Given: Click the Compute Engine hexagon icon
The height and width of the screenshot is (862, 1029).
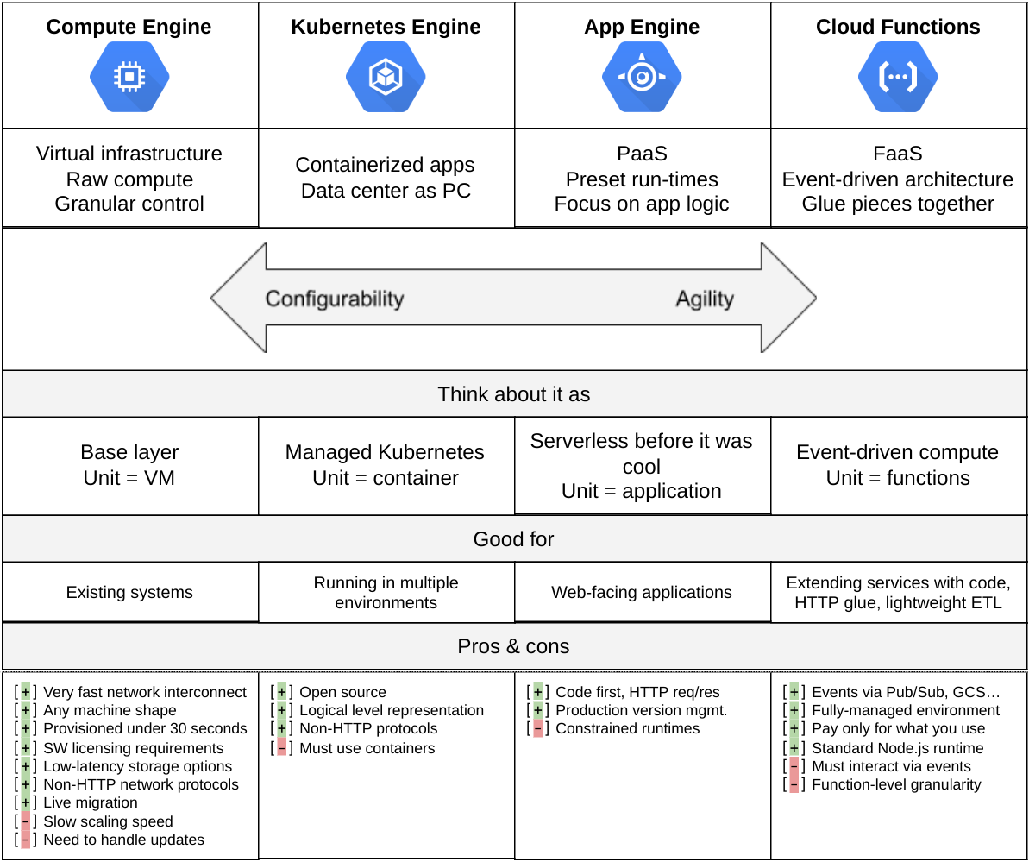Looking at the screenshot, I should [x=129, y=78].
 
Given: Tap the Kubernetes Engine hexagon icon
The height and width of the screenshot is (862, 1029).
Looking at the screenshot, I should [x=386, y=78].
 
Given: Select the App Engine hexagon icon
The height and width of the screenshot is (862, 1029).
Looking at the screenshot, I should [x=642, y=78].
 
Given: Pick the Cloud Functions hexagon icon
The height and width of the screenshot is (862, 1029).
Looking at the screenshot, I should [x=898, y=78].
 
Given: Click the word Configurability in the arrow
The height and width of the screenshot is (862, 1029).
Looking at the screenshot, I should [x=335, y=299].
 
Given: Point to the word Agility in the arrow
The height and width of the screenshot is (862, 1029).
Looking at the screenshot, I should [x=705, y=299].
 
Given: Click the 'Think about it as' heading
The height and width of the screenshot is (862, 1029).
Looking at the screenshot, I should [x=514, y=394].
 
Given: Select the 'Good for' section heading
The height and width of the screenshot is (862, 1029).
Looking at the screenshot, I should [x=514, y=539].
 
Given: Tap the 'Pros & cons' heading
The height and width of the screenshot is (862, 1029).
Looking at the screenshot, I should [x=514, y=646].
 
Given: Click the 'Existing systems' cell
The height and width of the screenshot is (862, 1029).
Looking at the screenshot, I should [x=129, y=593].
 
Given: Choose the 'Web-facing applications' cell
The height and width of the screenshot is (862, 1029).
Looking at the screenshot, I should [x=642, y=593].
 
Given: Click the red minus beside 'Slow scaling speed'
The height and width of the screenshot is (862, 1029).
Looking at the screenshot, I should [x=26, y=821].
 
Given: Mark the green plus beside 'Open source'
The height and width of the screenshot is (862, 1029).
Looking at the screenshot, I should [x=282, y=692].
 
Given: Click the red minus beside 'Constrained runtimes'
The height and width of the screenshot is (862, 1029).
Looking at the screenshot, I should [x=538, y=729].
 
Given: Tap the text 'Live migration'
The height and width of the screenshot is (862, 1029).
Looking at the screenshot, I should [x=91, y=802].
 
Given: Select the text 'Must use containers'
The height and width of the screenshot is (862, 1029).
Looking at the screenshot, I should [x=367, y=748].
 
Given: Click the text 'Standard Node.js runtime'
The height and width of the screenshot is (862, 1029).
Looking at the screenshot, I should [x=898, y=748].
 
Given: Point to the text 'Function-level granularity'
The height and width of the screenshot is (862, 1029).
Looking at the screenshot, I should [x=897, y=784].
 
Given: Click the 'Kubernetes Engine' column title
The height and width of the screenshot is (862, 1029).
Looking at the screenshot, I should [x=386, y=27].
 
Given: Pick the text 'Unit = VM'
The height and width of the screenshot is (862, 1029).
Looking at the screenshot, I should [x=129, y=478].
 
